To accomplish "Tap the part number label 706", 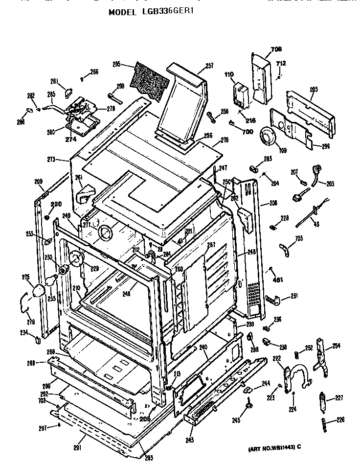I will coord(276,49).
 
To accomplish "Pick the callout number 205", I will coord(314,89).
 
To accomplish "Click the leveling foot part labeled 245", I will coord(249,403).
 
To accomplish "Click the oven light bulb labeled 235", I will coord(50,280).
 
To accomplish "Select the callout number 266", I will coord(94,71).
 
